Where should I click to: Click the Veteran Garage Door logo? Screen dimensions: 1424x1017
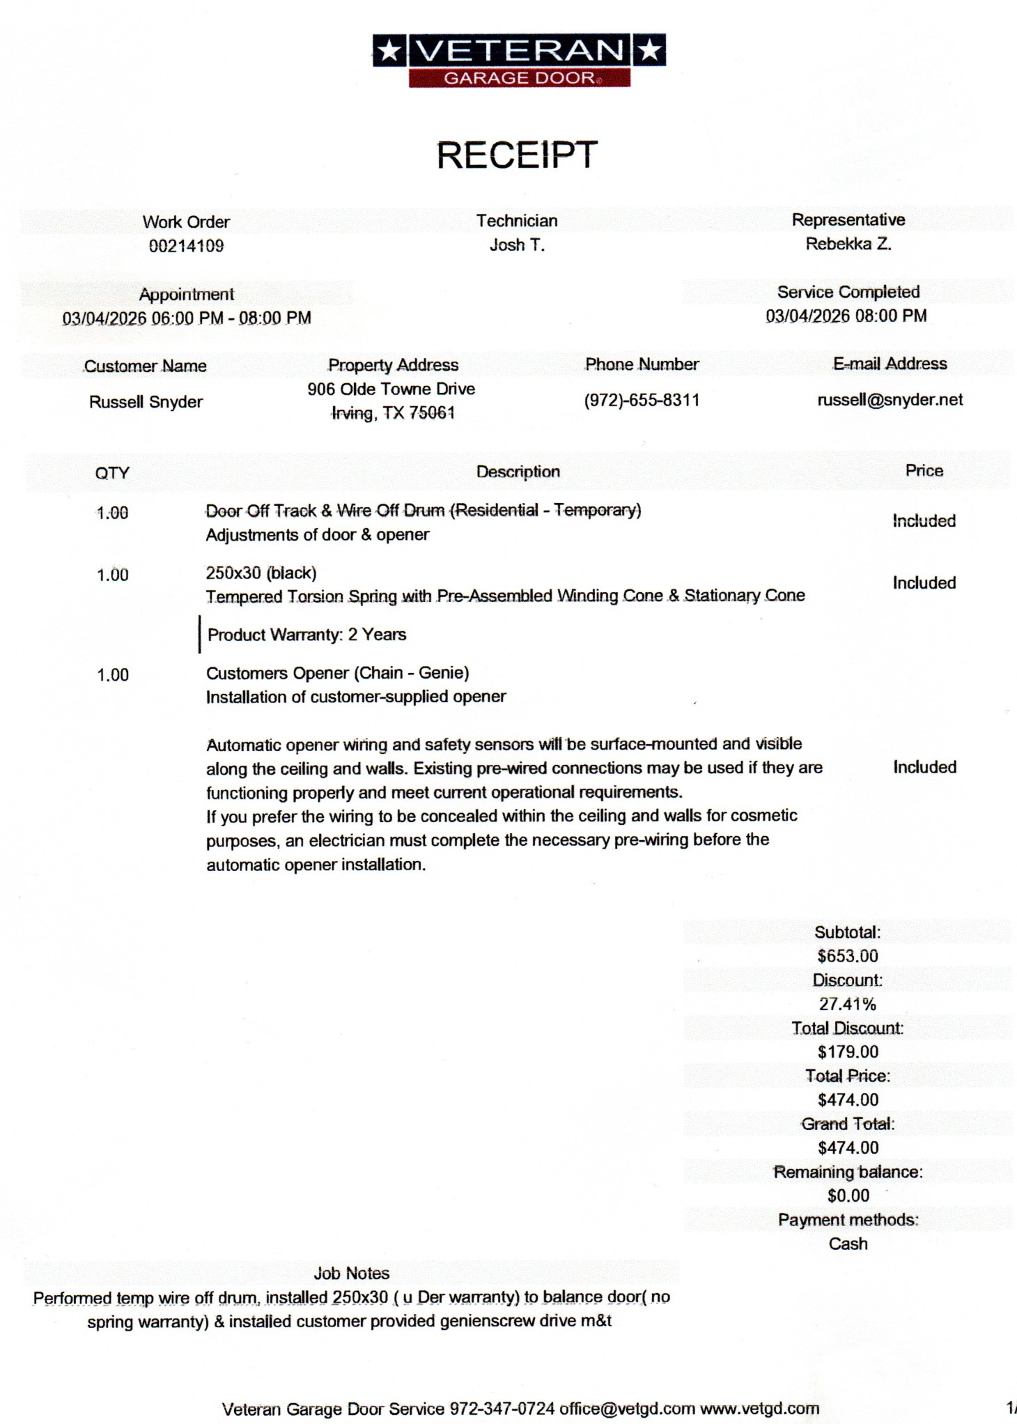click(x=519, y=61)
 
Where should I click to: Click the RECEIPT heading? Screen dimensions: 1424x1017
click(x=517, y=155)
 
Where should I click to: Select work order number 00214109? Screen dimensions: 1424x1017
click(x=186, y=246)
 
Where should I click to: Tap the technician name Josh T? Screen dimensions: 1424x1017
click(x=517, y=245)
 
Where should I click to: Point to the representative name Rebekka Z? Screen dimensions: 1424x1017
click(x=848, y=244)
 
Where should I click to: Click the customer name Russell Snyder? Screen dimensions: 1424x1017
click(x=146, y=402)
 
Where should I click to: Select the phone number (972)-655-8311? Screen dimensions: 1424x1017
click(x=642, y=401)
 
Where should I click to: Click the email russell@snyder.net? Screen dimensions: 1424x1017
click(x=890, y=400)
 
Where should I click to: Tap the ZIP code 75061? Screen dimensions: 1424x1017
click(x=432, y=413)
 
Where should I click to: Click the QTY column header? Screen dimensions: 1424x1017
click(x=112, y=473)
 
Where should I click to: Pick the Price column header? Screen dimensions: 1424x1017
click(x=924, y=471)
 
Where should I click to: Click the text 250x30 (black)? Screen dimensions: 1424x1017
click(x=261, y=573)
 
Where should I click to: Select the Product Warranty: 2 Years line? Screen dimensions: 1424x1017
click(x=306, y=635)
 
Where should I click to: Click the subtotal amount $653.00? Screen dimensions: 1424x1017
click(x=847, y=956)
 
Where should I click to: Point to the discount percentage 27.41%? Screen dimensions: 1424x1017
click(x=847, y=1004)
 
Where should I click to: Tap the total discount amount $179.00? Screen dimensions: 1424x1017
click(x=847, y=1052)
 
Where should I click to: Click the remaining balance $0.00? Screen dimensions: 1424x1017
click(x=848, y=1195)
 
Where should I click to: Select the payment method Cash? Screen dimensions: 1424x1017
click(x=848, y=1244)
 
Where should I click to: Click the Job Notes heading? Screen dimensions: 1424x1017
click(x=351, y=1274)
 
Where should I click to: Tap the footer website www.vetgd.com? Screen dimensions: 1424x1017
click(x=759, y=1409)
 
